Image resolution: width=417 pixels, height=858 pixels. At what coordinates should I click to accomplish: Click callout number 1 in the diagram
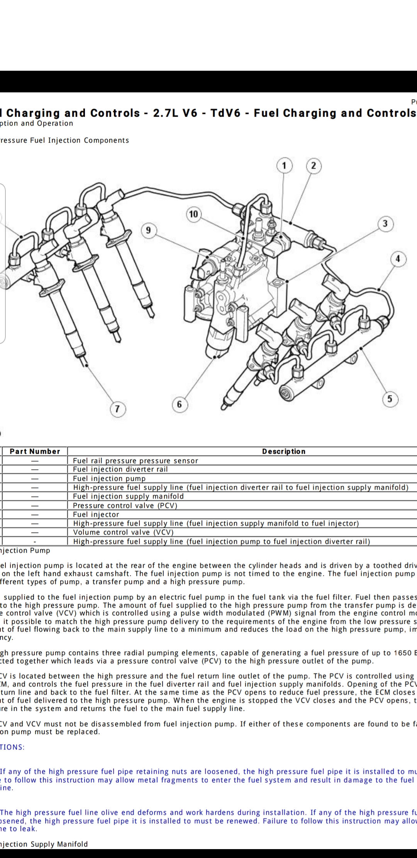tap(285, 166)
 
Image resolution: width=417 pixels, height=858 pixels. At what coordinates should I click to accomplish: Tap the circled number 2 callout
tap(314, 166)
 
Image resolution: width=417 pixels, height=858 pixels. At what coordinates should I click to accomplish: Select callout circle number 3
tap(385, 224)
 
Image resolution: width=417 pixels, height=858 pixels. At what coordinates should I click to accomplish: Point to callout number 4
tap(398, 259)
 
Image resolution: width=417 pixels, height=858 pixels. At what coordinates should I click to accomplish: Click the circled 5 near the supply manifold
tap(390, 398)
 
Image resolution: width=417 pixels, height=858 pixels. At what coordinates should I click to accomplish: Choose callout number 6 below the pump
tap(179, 404)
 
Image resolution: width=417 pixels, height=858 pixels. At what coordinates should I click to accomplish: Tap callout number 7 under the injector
tap(117, 409)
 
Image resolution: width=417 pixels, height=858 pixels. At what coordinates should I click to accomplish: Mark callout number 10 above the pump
tap(193, 214)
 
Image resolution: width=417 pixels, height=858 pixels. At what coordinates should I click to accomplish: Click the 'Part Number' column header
tap(35, 451)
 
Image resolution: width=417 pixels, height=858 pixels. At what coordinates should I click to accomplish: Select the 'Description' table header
tap(284, 451)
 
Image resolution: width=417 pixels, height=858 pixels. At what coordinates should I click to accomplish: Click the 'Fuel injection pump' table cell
tap(109, 478)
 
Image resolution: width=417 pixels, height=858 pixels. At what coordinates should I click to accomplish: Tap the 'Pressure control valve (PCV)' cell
tap(125, 506)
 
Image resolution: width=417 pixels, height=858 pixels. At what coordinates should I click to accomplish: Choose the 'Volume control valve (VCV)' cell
tap(123, 532)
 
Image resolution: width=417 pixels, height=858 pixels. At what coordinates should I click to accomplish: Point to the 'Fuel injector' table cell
tap(96, 514)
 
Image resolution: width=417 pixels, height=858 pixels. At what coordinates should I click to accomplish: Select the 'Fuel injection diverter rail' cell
tap(120, 469)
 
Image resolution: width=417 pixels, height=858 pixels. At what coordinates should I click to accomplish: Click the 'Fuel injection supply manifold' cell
tap(128, 496)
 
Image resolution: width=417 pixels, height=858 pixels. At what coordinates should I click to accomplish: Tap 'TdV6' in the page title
tap(225, 113)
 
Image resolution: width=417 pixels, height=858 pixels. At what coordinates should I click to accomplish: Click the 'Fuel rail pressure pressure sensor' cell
tap(136, 461)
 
